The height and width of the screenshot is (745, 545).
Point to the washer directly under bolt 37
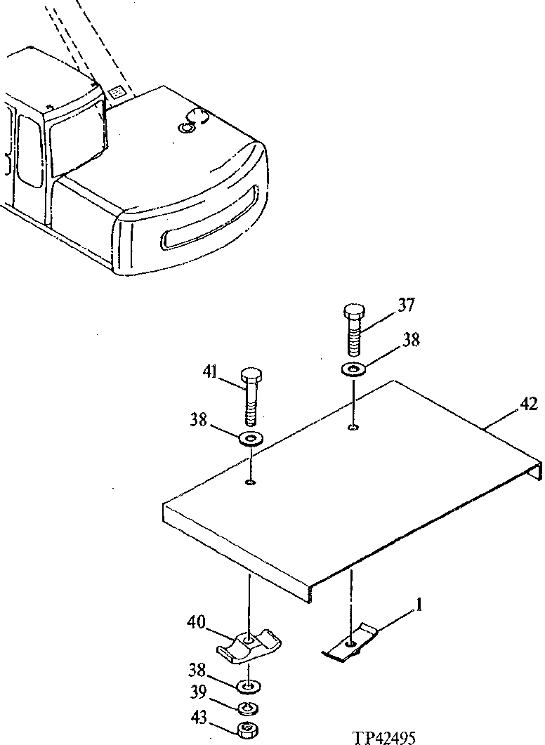coord(352,369)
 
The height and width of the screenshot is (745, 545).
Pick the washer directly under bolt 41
coord(250,440)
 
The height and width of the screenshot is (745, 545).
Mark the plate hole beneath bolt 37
coord(353,428)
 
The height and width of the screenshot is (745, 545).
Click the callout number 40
coord(197,623)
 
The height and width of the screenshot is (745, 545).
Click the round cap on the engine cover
coord(191,122)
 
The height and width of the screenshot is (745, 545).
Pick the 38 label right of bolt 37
coord(412,341)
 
